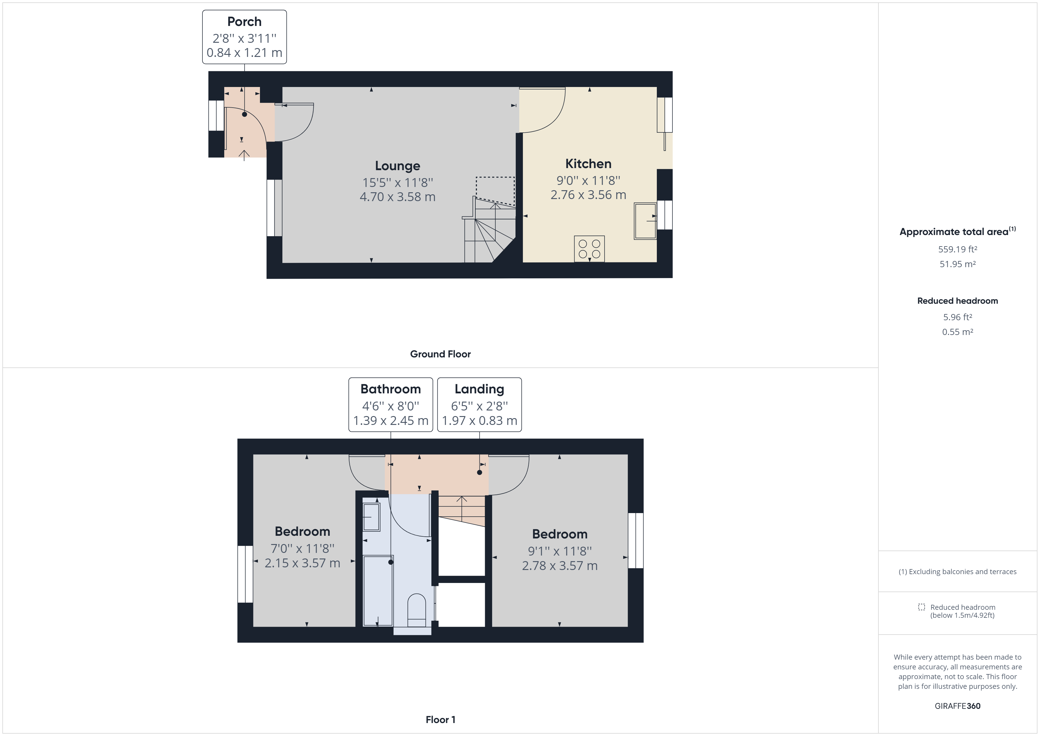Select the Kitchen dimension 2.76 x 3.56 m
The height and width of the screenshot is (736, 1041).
pyautogui.click(x=588, y=195)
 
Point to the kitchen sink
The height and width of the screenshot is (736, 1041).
pyautogui.click(x=645, y=221)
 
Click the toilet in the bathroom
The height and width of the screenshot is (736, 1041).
pyautogui.click(x=416, y=610)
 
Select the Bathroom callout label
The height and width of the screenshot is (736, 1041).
pyautogui.click(x=390, y=404)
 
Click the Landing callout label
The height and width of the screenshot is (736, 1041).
pyautogui.click(x=479, y=404)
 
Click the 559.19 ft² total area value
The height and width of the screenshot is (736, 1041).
pyautogui.click(x=957, y=249)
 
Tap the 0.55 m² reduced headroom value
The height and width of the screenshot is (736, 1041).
pyautogui.click(x=957, y=332)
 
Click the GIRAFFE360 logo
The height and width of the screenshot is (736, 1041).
pyautogui.click(x=957, y=706)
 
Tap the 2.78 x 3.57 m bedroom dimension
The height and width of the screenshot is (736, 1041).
pyautogui.click(x=559, y=566)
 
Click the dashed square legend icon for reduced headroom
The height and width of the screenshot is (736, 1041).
pyautogui.click(x=921, y=607)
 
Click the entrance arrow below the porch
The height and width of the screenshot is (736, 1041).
pyautogui.click(x=244, y=155)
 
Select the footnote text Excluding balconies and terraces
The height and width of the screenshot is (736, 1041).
pyautogui.click(x=957, y=571)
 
